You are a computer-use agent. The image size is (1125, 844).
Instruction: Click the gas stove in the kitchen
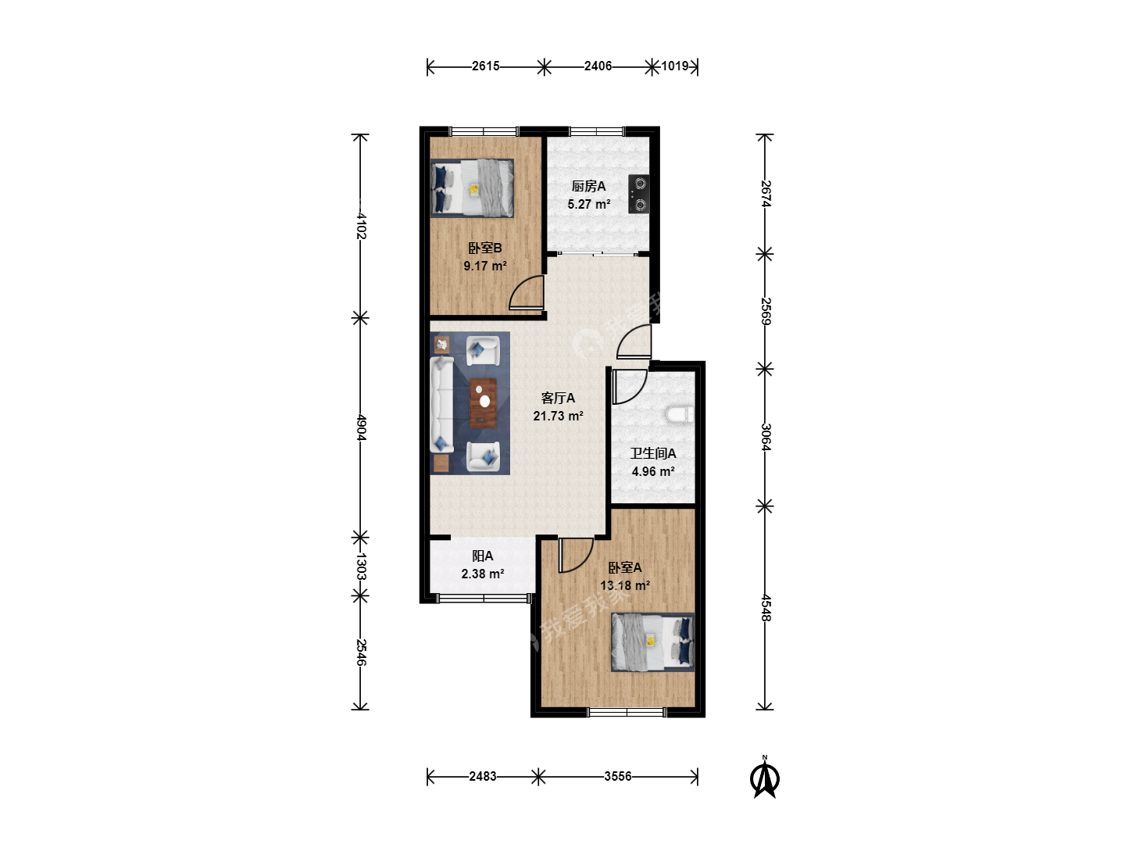point(638,194)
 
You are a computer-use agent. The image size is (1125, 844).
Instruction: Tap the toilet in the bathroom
point(680,414)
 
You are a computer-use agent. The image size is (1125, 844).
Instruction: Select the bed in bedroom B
point(472,188)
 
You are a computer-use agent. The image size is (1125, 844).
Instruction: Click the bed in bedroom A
point(653,642)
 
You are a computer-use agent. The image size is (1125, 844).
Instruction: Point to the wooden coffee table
point(484,402)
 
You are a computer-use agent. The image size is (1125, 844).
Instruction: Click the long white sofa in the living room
point(442,405)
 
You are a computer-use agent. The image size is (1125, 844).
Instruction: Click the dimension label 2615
point(485,66)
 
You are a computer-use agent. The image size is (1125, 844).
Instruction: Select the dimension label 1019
point(674,66)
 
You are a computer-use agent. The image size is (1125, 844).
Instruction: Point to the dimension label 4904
point(361,427)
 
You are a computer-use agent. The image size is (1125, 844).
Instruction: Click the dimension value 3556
point(618,776)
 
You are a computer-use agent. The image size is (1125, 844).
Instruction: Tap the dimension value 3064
point(765,437)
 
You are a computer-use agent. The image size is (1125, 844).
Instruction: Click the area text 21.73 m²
point(558,416)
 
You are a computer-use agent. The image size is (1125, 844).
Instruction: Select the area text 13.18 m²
point(625,585)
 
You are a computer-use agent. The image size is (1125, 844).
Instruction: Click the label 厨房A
point(588,186)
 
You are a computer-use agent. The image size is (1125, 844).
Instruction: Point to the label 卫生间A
point(653,453)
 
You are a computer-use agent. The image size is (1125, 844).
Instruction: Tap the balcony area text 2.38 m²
point(483,574)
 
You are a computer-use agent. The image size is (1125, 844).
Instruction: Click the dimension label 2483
point(483,776)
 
